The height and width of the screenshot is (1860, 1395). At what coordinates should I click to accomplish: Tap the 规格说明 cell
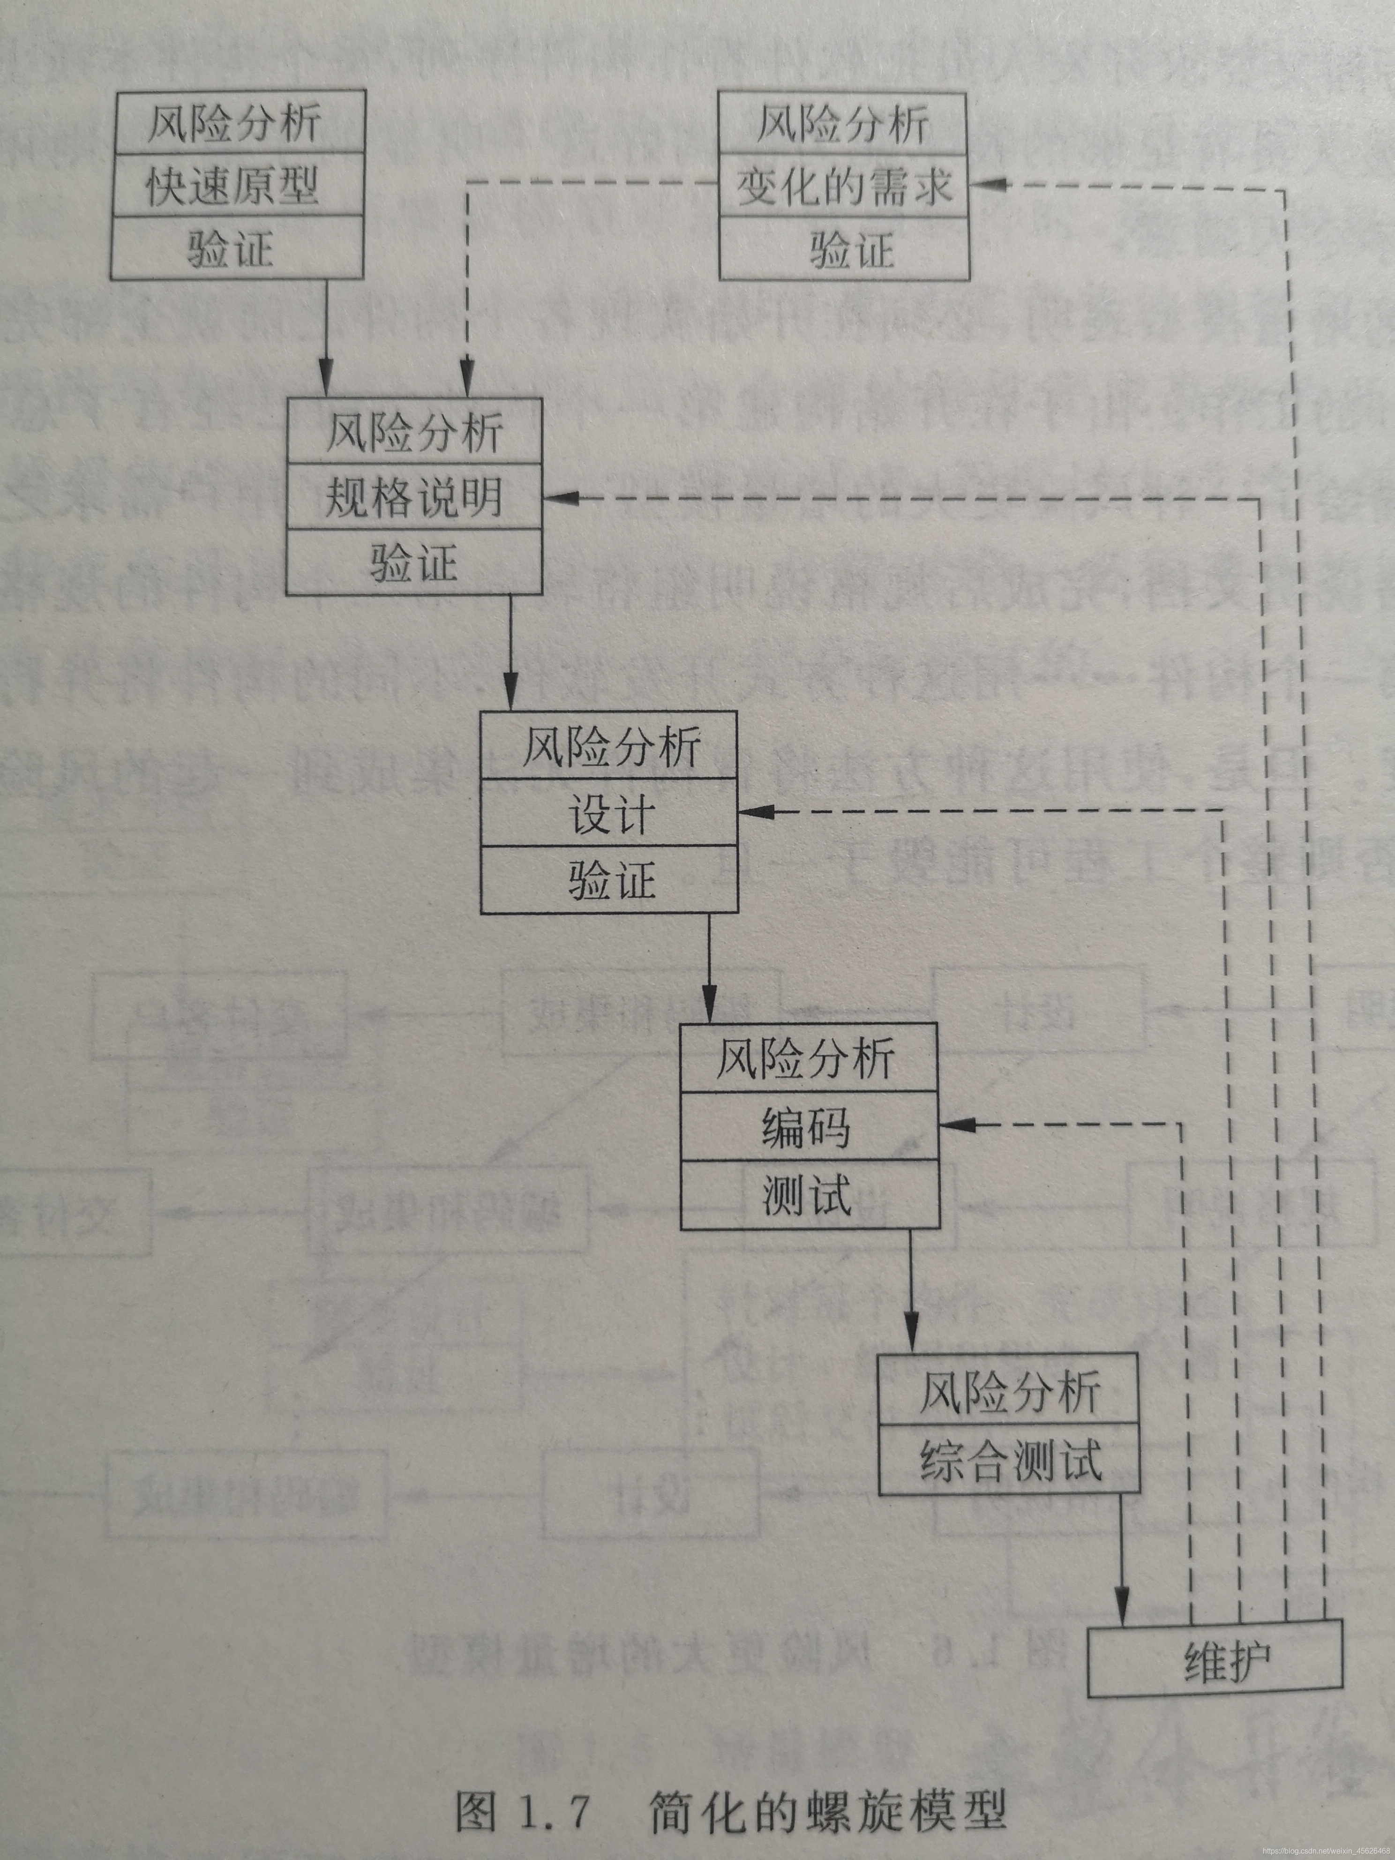[x=414, y=497]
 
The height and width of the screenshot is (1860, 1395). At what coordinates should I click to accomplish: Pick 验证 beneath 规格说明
[x=414, y=562]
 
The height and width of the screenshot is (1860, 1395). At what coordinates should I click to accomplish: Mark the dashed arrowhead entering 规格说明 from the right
[x=559, y=498]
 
